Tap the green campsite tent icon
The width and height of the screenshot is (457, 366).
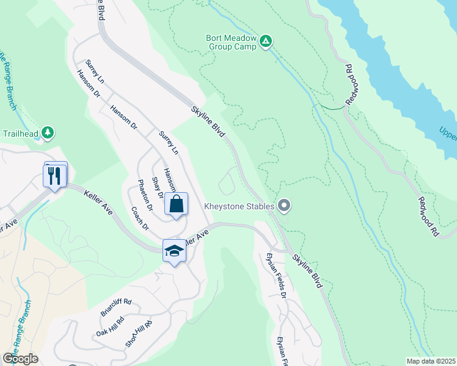(x=266, y=41)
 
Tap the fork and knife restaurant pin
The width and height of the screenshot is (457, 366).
(x=55, y=176)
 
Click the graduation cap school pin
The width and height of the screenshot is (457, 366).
(x=174, y=251)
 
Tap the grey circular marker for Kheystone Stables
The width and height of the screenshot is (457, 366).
(x=283, y=206)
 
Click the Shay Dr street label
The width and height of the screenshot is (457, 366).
(x=158, y=187)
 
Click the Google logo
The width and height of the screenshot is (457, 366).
(x=20, y=359)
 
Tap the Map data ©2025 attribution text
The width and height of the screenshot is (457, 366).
(x=431, y=361)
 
